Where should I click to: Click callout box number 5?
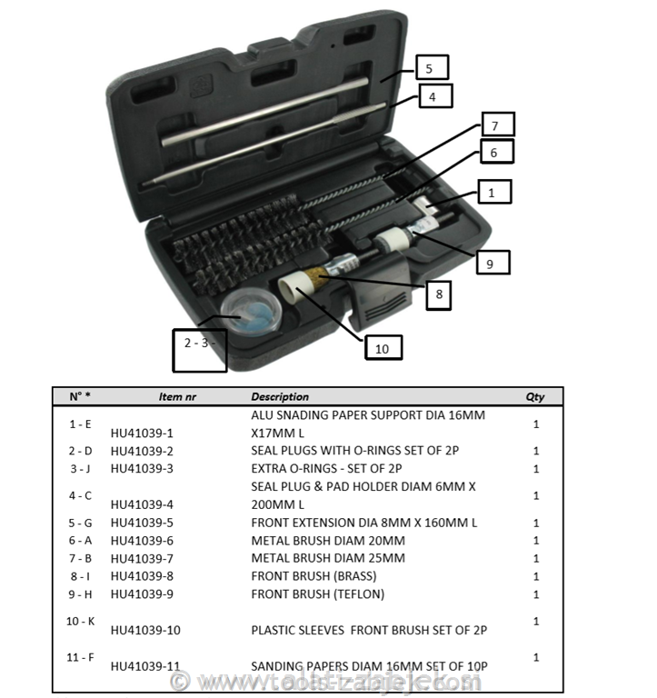click(x=432, y=67)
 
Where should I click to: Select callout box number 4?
click(x=434, y=95)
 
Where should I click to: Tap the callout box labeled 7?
click(x=496, y=125)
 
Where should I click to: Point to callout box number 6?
click(x=494, y=152)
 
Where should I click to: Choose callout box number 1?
click(x=493, y=192)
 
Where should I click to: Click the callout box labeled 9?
click(x=492, y=263)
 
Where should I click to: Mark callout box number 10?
click(x=382, y=346)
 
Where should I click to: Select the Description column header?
click(x=280, y=397)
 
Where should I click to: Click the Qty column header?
click(x=535, y=397)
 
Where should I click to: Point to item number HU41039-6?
click(x=141, y=541)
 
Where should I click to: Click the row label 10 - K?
click(x=80, y=621)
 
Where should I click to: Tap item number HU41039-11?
click(x=144, y=666)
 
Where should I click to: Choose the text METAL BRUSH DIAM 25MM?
click(x=328, y=558)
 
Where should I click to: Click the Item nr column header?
click(x=177, y=397)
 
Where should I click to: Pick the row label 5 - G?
click(x=80, y=523)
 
